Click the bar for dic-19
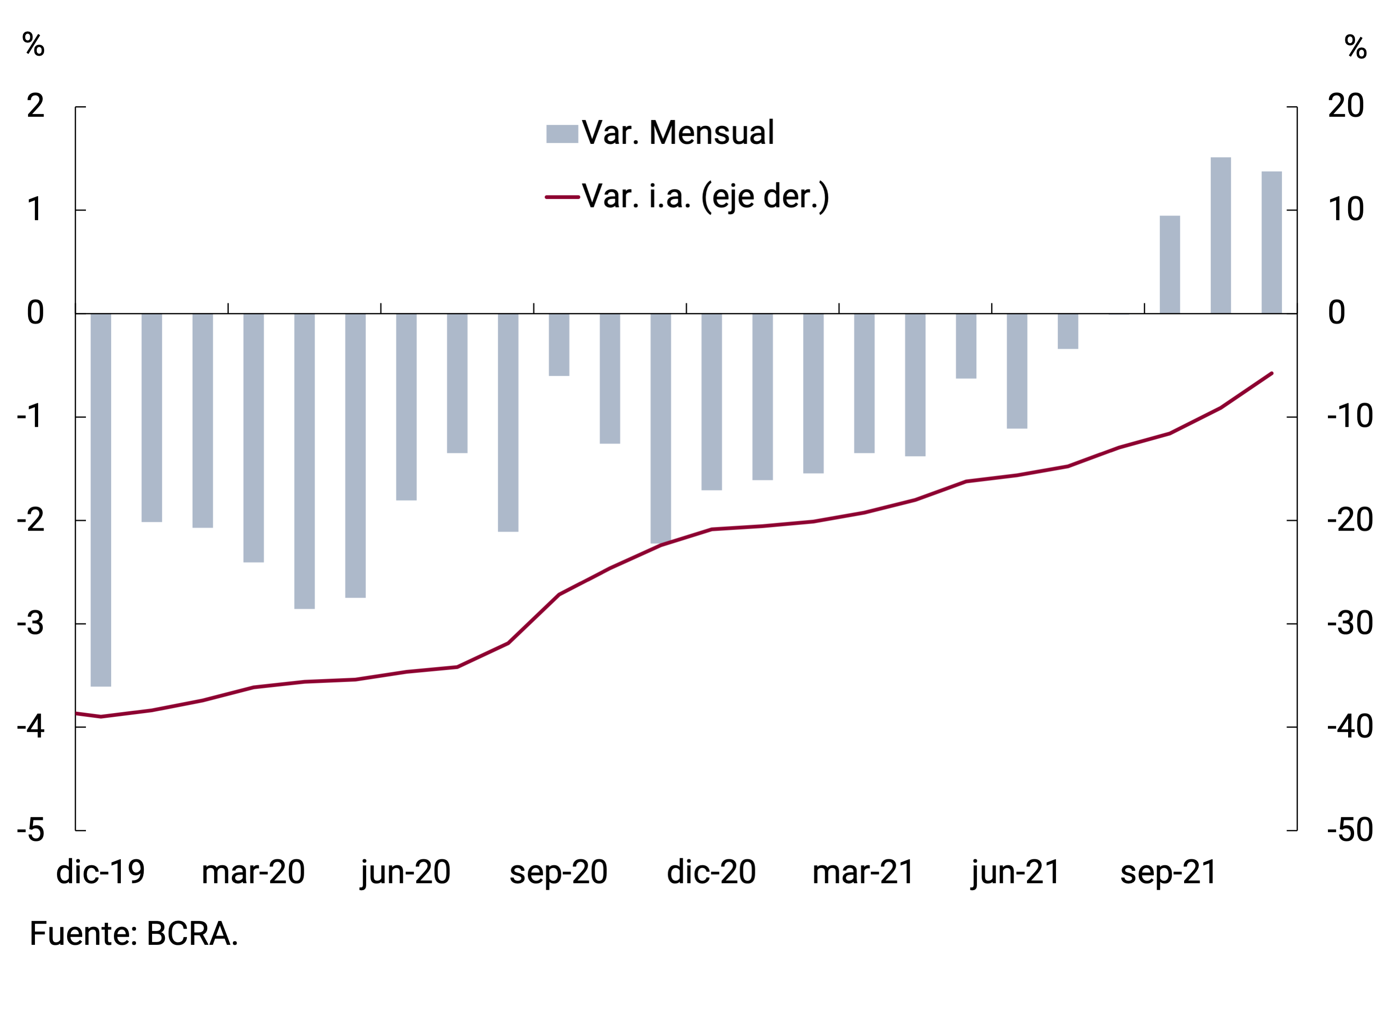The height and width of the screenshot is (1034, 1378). pos(101,499)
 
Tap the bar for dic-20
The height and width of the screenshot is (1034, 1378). pos(711,401)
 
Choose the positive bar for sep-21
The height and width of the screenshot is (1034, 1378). pos(1169,264)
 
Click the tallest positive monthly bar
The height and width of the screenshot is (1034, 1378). pos(1220,235)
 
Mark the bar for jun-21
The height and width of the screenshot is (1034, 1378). pos(1017,371)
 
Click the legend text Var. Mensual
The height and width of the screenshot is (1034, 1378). pos(678,133)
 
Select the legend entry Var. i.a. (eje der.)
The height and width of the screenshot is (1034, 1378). pos(705,196)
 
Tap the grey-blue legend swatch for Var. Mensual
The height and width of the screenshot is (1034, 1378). pos(562,134)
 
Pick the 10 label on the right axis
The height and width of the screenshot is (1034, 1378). pos(1345,210)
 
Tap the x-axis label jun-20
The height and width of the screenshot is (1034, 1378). pos(406,873)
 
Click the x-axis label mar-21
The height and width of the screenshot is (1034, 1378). pos(863,873)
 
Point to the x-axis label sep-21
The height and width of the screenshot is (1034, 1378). pos(1168,873)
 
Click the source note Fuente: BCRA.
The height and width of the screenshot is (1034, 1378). pos(134,934)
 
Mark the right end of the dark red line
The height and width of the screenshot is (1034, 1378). pos(1271,373)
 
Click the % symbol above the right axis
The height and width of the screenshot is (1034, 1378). pos(1355,47)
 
